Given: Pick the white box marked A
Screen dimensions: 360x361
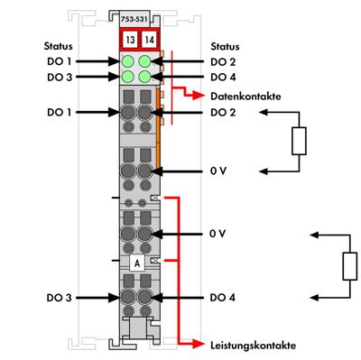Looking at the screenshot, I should tap(136, 263).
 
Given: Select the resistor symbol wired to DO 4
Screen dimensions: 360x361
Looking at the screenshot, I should tap(350, 266).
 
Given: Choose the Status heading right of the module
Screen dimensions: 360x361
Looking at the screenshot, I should tap(225, 44).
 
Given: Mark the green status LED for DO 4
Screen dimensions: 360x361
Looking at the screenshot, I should tap(145, 77).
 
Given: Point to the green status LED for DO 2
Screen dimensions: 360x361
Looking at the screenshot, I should tap(145, 60).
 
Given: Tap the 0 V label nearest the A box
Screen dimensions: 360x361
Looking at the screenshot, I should tap(217, 233).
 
